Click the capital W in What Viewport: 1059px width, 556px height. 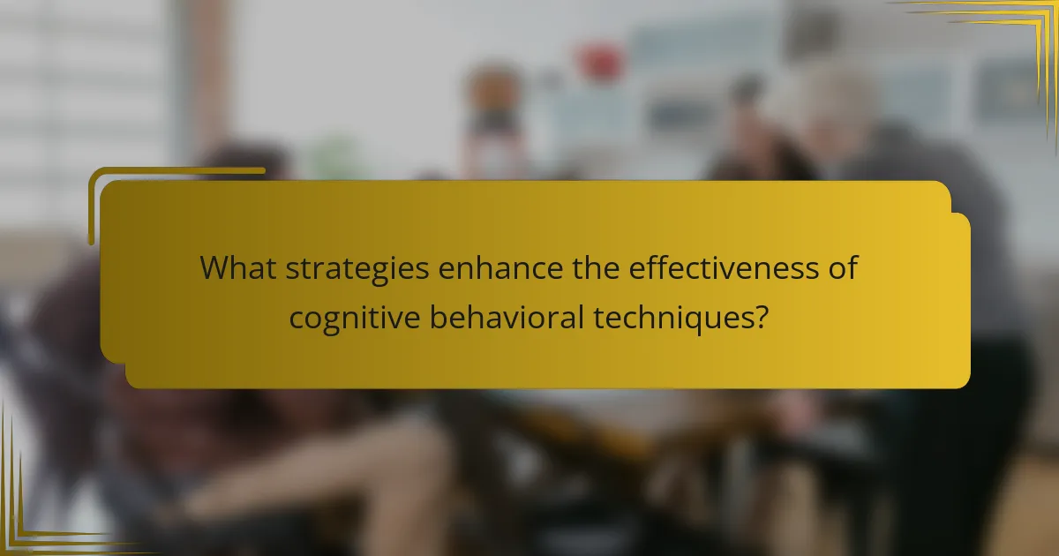tap(214, 267)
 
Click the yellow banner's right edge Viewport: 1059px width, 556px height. tap(968, 300)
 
